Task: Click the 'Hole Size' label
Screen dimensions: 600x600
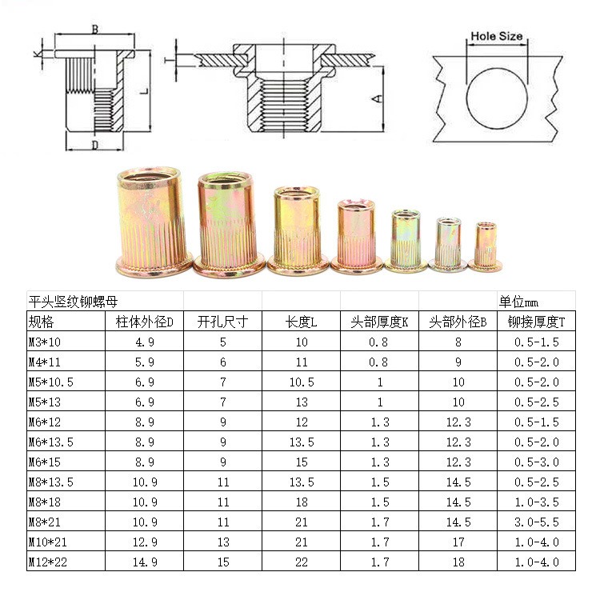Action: tap(496, 36)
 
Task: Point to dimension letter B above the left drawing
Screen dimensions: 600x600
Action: tap(95, 29)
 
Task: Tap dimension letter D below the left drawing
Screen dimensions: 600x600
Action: tap(95, 145)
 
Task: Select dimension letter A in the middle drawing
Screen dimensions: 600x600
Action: tap(378, 98)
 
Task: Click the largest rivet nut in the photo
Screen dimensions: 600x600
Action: tap(154, 222)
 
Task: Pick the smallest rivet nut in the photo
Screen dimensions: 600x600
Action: tap(486, 246)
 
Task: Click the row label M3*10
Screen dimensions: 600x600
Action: tap(45, 342)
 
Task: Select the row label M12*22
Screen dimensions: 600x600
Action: tap(48, 562)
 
